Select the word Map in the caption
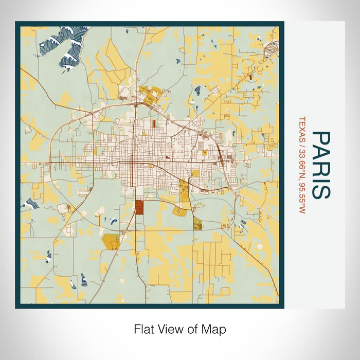pos(214,329)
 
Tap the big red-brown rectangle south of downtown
pos(139,208)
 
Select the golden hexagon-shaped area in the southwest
pos(111,241)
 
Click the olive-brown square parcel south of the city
pos(197,223)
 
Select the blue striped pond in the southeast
pos(241,224)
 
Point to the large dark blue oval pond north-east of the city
pos(197,92)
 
